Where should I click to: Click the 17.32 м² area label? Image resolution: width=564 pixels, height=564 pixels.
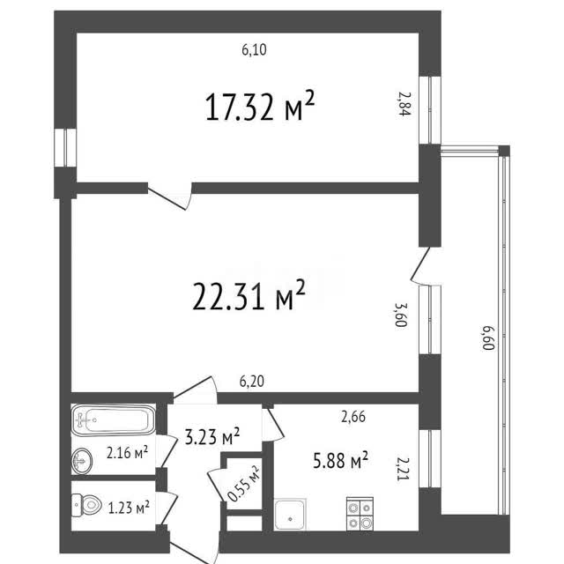[260, 106]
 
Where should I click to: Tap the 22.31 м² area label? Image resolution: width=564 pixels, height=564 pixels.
[249, 295]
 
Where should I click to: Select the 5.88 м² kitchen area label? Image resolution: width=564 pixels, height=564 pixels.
[340, 460]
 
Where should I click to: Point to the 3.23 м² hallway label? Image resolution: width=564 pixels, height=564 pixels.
[212, 436]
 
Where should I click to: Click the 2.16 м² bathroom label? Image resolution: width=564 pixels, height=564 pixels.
[127, 452]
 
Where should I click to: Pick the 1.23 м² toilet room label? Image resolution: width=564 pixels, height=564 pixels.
[129, 508]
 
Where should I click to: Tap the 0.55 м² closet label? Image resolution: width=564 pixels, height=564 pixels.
[243, 484]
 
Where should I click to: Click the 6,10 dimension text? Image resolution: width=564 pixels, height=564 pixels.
[255, 49]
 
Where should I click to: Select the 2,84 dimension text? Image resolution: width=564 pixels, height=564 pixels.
[404, 104]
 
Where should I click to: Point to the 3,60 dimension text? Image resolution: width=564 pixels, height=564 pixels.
[401, 315]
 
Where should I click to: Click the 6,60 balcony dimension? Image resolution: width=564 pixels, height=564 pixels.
[488, 338]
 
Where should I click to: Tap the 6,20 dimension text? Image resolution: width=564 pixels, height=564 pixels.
[252, 382]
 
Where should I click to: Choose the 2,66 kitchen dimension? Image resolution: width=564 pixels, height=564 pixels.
[353, 417]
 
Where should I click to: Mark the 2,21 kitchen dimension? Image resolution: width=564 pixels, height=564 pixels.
[404, 469]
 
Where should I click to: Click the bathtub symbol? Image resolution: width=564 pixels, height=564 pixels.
[114, 419]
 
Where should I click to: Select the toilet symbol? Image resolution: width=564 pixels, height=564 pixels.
[86, 505]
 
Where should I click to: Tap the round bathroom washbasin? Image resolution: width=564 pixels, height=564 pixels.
[82, 461]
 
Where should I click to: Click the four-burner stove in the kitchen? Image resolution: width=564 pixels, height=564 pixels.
[360, 514]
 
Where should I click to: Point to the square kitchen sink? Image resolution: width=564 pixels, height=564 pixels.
[290, 515]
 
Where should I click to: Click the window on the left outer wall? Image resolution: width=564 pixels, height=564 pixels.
[65, 147]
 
